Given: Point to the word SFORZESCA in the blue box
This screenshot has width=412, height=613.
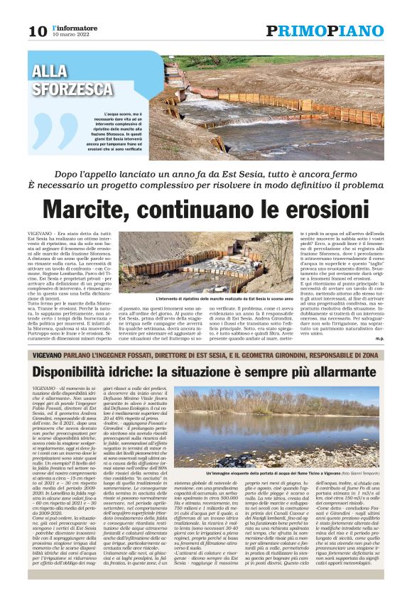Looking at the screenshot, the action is pos(72,89).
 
